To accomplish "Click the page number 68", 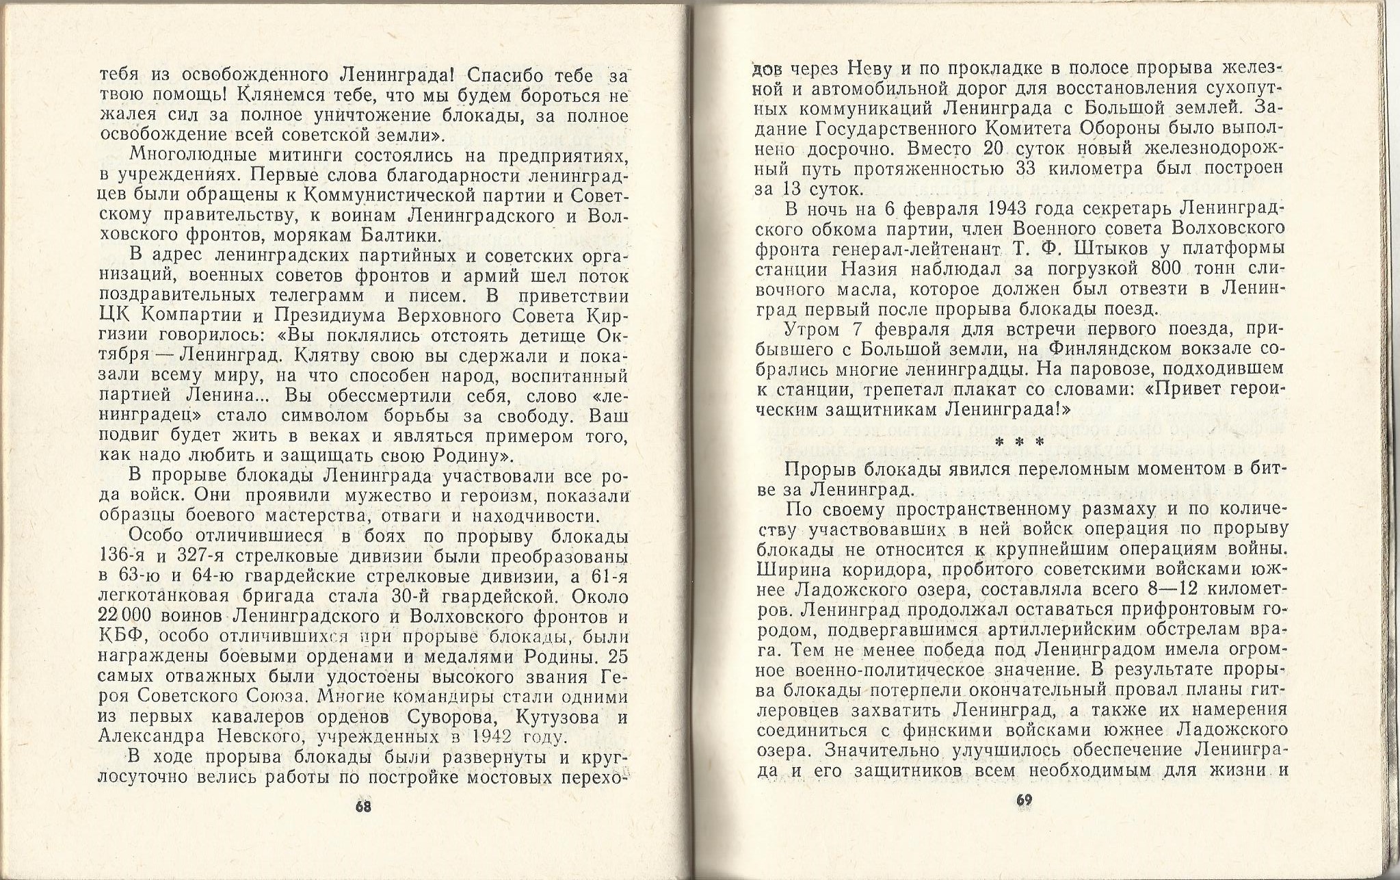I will [x=363, y=806].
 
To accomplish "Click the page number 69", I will [x=1024, y=800].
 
